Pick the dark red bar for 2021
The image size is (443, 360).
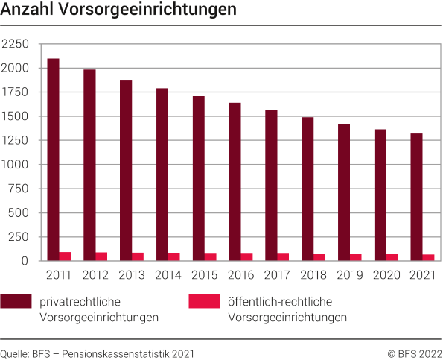click(417, 197)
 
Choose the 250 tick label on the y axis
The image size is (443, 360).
click(18, 237)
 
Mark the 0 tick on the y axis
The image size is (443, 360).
click(25, 261)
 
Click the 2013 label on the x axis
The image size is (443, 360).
click(131, 275)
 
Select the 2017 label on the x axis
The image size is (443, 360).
click(277, 275)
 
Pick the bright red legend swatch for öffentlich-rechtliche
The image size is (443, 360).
click(204, 301)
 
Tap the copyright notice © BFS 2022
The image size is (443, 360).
click(414, 353)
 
